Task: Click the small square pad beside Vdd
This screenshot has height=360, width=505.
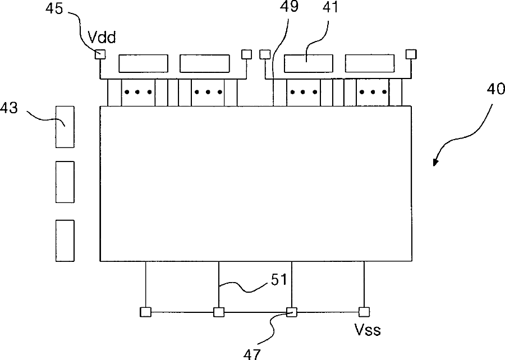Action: tap(100, 54)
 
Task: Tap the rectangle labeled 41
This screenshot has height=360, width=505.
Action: tap(308, 63)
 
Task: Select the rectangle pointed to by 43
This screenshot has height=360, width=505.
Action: tap(65, 127)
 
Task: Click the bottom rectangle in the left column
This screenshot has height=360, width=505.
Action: tap(65, 241)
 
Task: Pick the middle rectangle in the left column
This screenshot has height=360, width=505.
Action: tap(65, 182)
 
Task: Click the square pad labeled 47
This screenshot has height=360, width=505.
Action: tap(291, 312)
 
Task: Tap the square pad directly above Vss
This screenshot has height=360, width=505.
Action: tap(364, 312)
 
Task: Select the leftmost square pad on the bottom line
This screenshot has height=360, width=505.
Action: tap(145, 312)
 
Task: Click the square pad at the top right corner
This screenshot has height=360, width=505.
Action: tap(411, 54)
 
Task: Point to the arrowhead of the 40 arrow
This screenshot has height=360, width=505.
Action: tap(435, 163)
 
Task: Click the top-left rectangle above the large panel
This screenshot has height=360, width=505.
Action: tap(143, 63)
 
